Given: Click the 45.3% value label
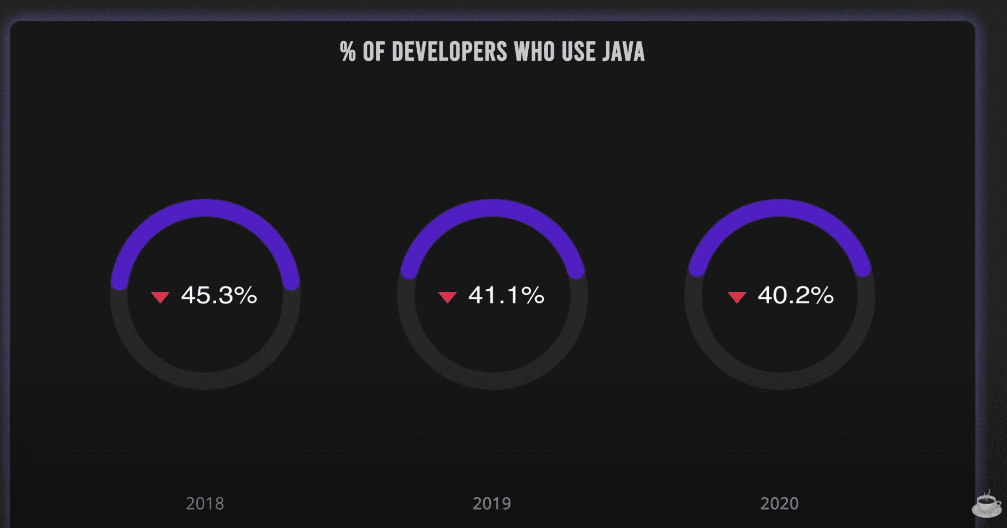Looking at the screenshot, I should pos(219,295).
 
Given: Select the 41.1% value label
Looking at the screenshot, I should pos(506,295).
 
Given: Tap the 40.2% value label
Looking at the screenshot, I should pos(795,295).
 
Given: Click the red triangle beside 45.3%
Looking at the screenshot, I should pos(160,297).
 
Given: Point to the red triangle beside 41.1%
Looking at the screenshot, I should pos(448,297).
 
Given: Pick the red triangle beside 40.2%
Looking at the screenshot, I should pos(737,297).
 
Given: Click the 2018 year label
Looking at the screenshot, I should pos(205,503).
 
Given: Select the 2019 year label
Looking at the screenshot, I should pos(492,503).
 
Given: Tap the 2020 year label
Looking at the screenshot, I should pos(779,503).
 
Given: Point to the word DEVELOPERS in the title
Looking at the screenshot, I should pos(449,52).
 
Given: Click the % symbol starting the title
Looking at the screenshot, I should pos(348,52).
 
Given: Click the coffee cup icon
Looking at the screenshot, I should pos(986,504).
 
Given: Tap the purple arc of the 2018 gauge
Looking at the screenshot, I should pos(205,208).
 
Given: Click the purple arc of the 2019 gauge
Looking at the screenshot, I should pos(492,208).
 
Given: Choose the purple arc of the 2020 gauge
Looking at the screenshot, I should pos(779,208).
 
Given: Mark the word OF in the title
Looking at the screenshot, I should pos(374,52).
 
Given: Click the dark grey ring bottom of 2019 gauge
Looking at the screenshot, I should pos(492,381).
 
